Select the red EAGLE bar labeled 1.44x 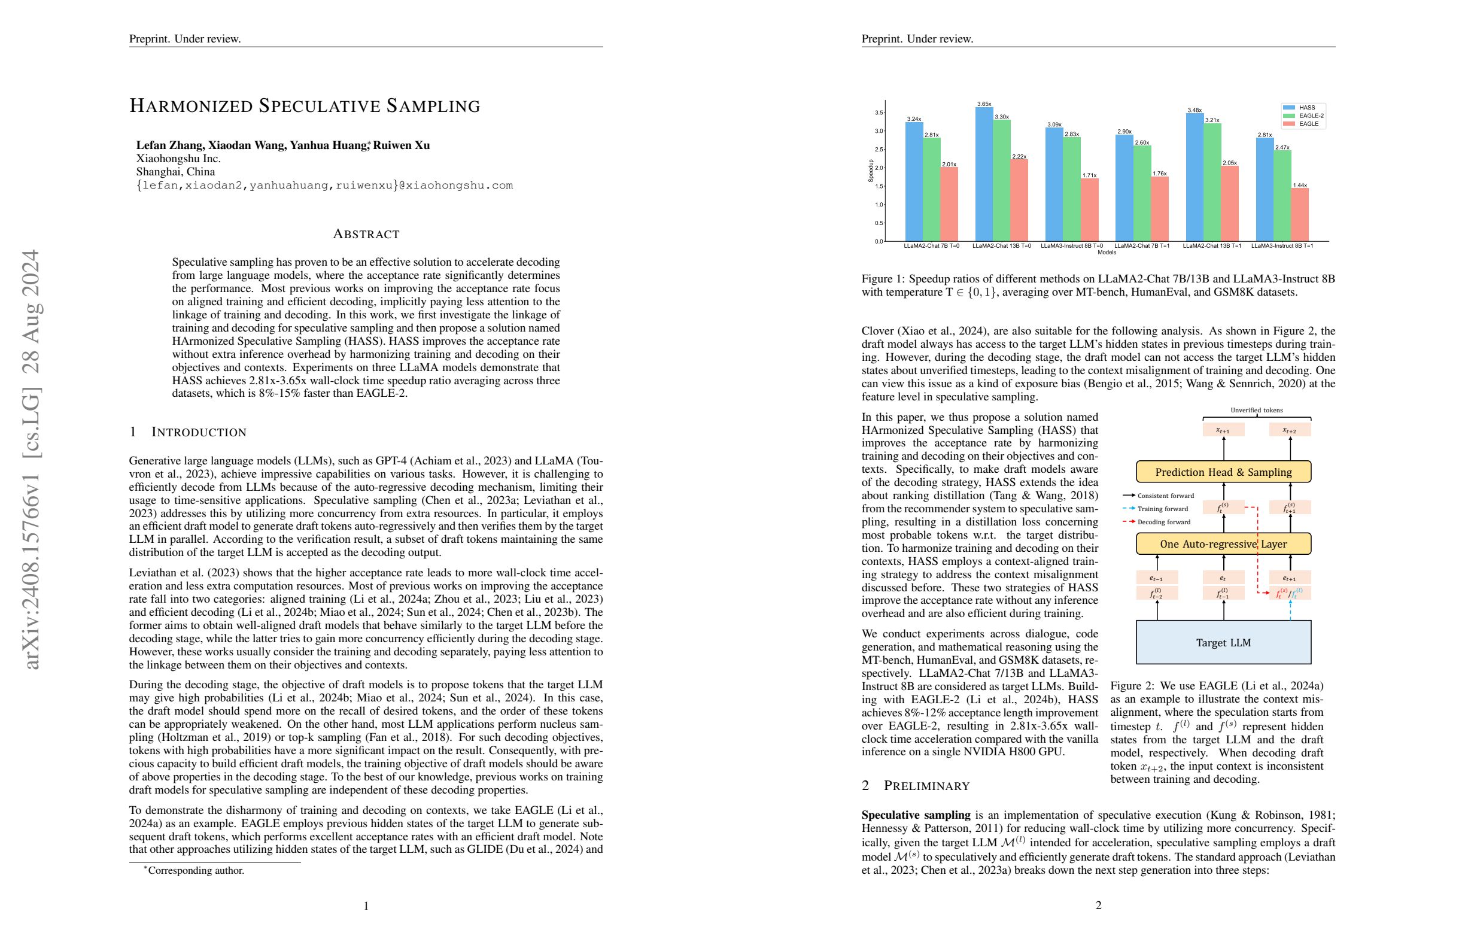click(x=1299, y=215)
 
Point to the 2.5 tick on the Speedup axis click(x=879, y=150)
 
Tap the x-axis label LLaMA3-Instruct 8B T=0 click(x=1072, y=245)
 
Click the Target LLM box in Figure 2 click(x=1223, y=643)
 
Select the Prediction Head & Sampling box click(x=1223, y=472)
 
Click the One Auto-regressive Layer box click(x=1223, y=544)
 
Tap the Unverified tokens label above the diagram click(x=1256, y=410)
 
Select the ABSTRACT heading click(x=366, y=234)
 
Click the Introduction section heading click(x=198, y=432)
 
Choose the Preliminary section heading click(x=926, y=786)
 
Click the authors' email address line click(x=324, y=186)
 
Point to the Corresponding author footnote click(x=196, y=870)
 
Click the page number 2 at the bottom click(x=1098, y=906)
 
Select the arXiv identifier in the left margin click(x=31, y=458)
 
